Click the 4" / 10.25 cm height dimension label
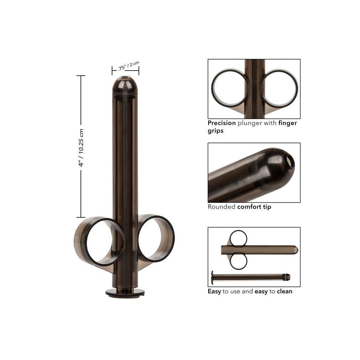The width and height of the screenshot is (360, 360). coord(81,148)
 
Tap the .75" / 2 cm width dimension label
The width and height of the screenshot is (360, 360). coord(129,66)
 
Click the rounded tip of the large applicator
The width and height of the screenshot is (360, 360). coord(125,84)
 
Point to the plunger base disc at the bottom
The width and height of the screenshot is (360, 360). coord(125,293)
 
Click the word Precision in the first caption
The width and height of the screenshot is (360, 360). coord(222,123)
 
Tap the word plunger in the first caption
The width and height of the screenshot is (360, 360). coord(250,123)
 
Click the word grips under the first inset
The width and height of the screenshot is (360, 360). coord(215,131)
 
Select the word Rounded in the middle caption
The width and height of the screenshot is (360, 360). coord(221,207)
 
